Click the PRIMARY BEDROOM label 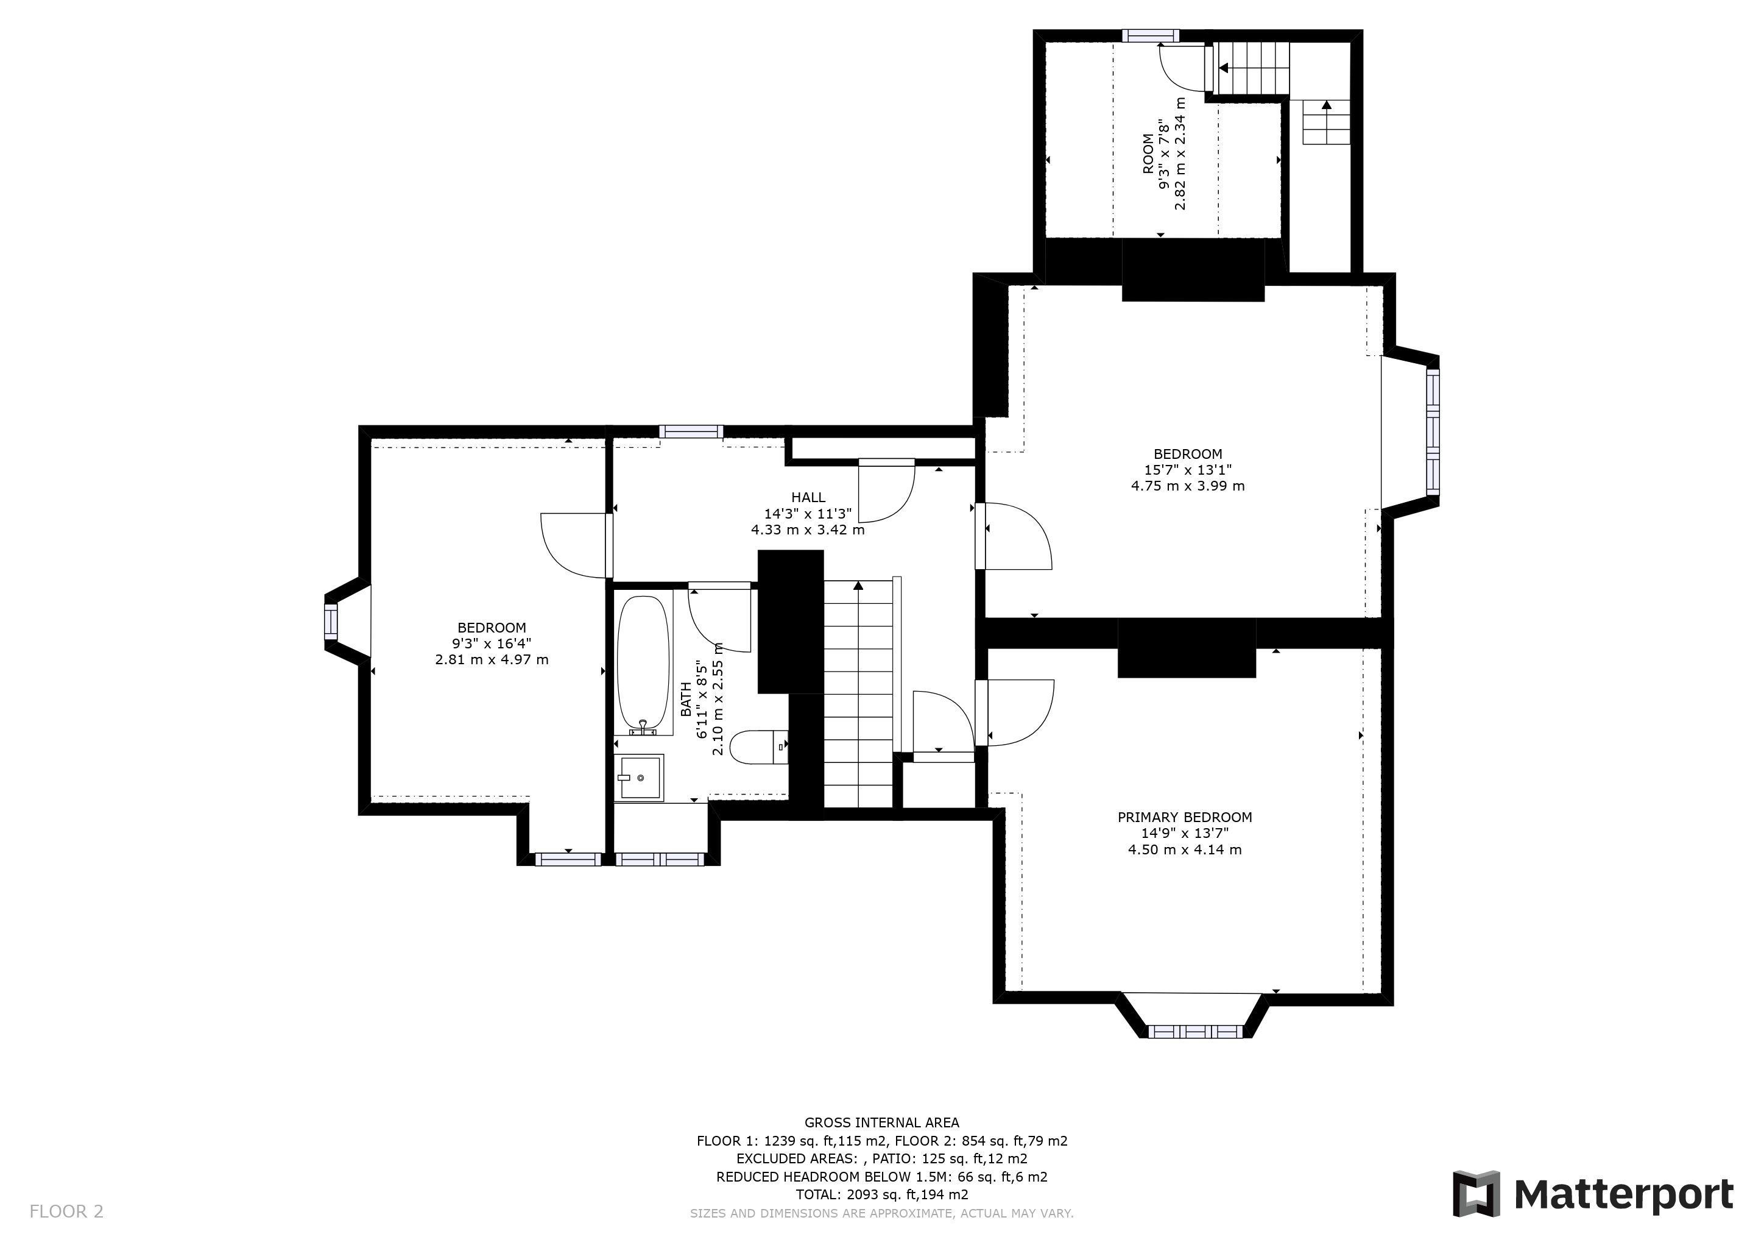click(x=1184, y=817)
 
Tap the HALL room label click(x=808, y=497)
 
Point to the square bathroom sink click(x=639, y=778)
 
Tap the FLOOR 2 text click(x=66, y=1212)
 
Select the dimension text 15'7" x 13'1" click(x=1188, y=470)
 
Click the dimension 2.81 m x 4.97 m click(x=492, y=659)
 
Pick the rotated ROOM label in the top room click(x=1148, y=154)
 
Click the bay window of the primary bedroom click(x=1194, y=1031)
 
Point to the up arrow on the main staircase click(x=858, y=586)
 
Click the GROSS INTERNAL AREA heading click(x=881, y=1122)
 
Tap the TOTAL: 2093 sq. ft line click(x=881, y=1195)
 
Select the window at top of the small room click(x=1150, y=35)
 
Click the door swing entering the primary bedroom click(x=1019, y=712)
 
